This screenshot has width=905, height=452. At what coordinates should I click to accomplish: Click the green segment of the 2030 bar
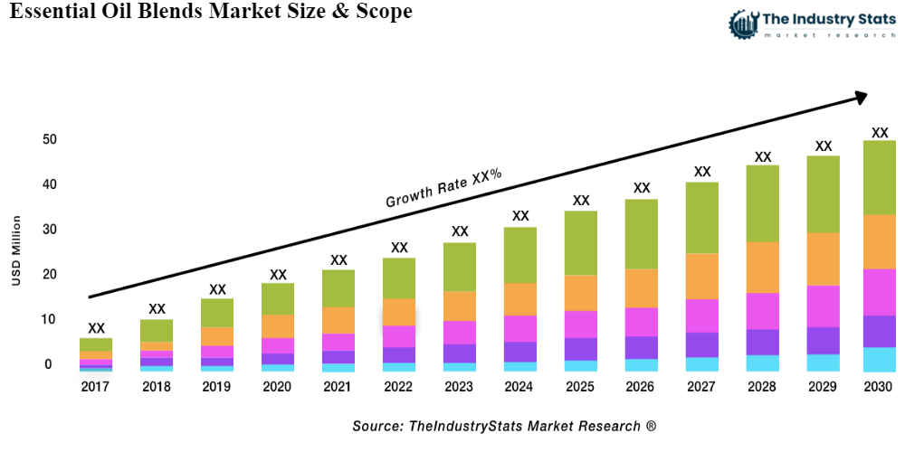(879, 177)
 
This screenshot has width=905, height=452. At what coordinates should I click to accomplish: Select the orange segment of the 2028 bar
(763, 268)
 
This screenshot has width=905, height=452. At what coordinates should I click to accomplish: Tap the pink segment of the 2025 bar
(581, 324)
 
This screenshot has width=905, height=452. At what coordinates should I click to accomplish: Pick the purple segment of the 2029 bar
(824, 340)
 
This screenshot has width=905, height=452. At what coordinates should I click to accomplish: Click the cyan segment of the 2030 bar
(879, 360)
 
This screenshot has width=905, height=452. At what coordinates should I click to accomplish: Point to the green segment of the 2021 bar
(338, 288)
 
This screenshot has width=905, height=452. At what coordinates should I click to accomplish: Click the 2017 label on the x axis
(96, 387)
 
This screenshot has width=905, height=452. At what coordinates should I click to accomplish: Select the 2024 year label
(520, 387)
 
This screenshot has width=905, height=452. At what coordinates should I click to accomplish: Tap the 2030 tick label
(879, 387)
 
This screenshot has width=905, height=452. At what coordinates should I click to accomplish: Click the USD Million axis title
(16, 251)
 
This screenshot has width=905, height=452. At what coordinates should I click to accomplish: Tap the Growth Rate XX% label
(443, 188)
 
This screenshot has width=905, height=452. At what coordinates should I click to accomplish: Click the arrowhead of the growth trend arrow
(860, 95)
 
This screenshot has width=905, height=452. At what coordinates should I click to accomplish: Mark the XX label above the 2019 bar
(217, 289)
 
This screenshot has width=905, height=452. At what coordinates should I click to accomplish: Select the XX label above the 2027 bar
(702, 171)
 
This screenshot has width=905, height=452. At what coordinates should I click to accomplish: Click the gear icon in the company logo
(743, 24)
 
